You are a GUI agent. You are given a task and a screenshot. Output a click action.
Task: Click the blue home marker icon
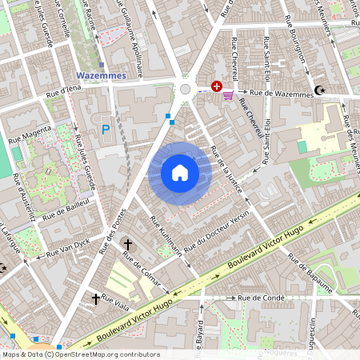pyautogui.click(x=180, y=173)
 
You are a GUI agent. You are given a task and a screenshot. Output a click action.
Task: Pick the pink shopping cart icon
pyautogui.click(x=229, y=94)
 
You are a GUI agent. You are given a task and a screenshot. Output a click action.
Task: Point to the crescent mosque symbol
pyautogui.click(x=321, y=90)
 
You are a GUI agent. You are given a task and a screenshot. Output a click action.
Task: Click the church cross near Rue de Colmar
pyautogui.click(x=127, y=242)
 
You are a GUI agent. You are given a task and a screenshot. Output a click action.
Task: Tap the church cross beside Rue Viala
pyautogui.click(x=96, y=298)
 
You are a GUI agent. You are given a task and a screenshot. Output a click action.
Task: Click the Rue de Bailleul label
pyautogui.click(x=65, y=210)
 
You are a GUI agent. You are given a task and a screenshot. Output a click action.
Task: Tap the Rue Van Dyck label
pyautogui.click(x=69, y=247)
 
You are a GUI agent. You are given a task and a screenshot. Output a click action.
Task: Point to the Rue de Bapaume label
pyautogui.click(x=310, y=274)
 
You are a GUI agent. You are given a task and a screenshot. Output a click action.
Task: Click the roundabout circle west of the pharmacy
pyautogui.click(x=186, y=90)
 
